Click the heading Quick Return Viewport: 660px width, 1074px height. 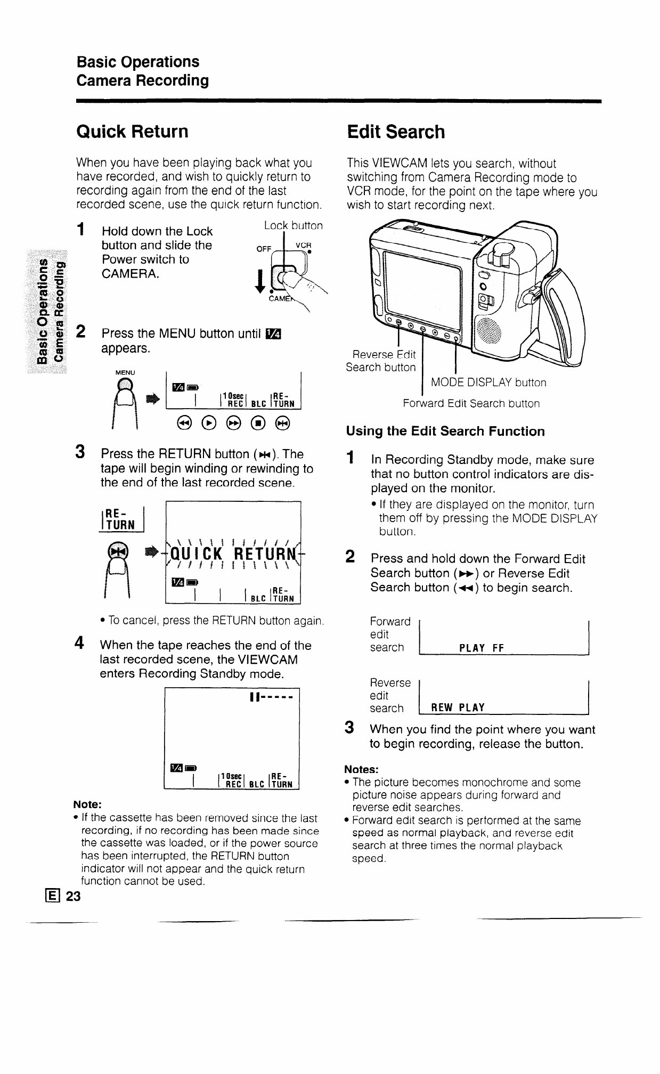132,132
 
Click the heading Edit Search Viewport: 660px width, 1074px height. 395,132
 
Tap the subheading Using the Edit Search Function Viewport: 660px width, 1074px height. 445,432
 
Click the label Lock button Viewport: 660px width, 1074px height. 293,225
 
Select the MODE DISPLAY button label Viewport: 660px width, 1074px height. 488,383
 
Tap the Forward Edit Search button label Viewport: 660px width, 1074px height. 471,403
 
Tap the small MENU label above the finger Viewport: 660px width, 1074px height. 126,372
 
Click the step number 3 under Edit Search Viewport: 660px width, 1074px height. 349,727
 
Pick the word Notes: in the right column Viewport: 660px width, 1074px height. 361,769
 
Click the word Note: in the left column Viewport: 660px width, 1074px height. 87,804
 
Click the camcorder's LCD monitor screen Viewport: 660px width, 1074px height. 423,288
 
